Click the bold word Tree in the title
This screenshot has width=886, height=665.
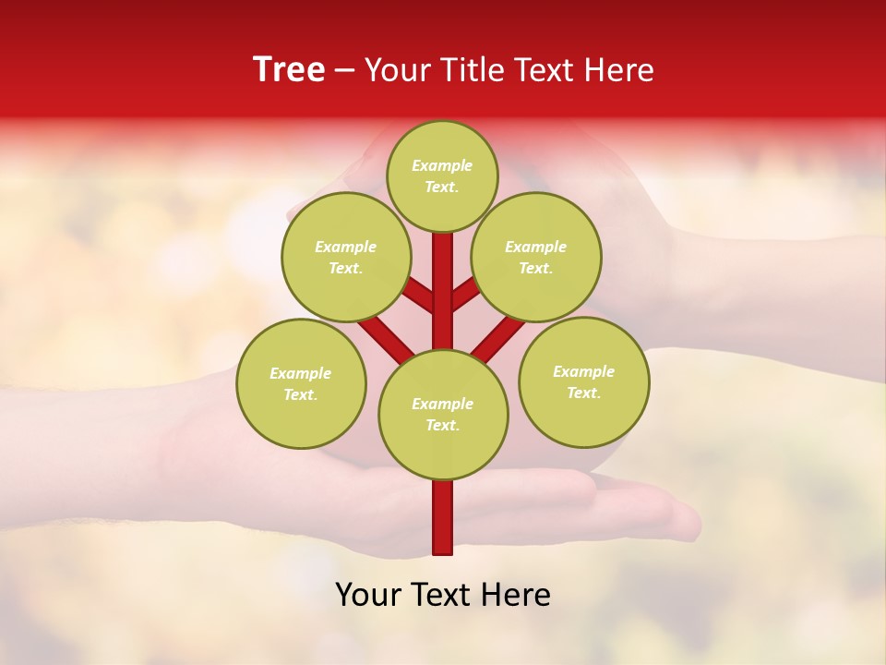(x=289, y=70)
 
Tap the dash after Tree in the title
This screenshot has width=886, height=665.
(x=345, y=71)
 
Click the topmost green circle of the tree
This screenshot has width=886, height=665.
(x=442, y=175)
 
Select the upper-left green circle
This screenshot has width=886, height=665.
(x=346, y=257)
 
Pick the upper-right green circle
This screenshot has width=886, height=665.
(x=536, y=257)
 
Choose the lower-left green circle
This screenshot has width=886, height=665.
(x=301, y=383)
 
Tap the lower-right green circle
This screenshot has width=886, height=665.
(x=583, y=381)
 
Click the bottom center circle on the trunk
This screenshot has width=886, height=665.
(x=443, y=414)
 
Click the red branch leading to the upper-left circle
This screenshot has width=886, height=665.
(x=420, y=296)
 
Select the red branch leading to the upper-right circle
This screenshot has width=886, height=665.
(x=465, y=296)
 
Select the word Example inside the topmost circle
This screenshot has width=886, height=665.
(x=442, y=165)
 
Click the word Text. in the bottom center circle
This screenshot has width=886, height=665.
(x=442, y=425)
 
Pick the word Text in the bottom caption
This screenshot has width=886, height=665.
(x=442, y=595)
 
